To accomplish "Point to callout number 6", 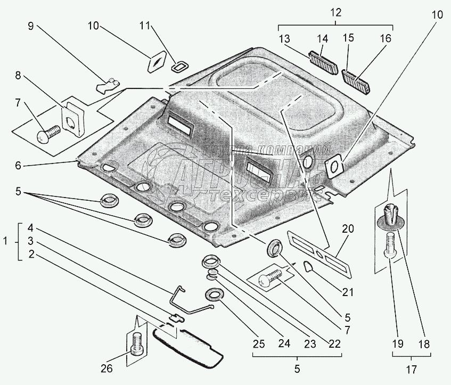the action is pyautogui.click(x=18, y=166).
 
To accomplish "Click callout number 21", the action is pyautogui.click(x=348, y=291).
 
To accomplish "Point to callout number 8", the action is pyautogui.click(x=18, y=75).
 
